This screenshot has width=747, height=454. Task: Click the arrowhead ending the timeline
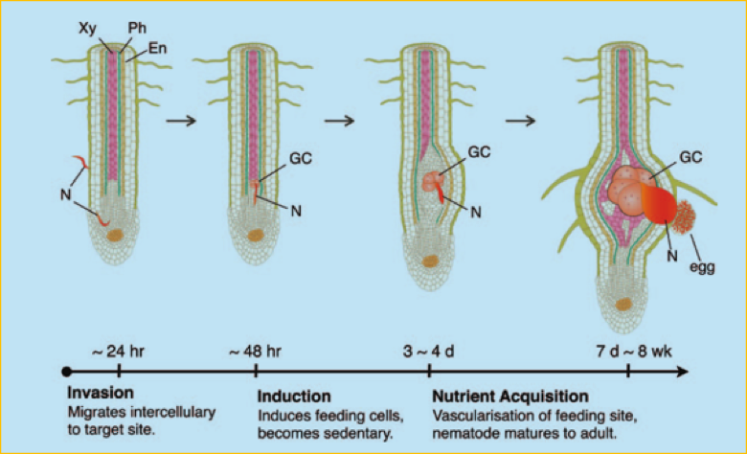pos(682,371)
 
